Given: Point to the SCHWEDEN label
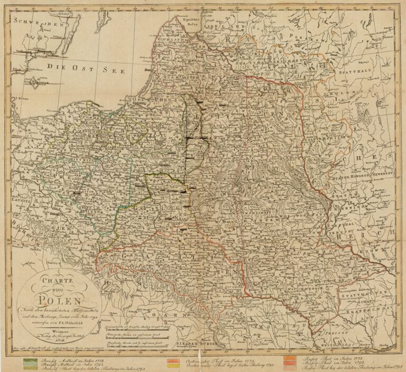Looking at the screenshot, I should (37, 23).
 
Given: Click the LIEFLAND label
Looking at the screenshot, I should (217, 25).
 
